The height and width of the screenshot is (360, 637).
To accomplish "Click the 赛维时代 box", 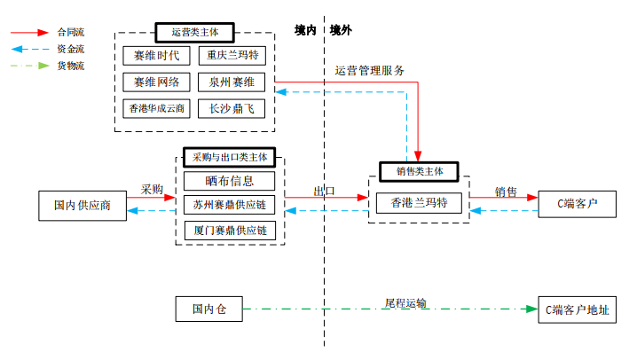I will coord(156,55).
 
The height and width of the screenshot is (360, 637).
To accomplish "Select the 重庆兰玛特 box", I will coord(232,55).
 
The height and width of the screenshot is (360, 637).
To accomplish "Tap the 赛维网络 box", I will coord(156,82).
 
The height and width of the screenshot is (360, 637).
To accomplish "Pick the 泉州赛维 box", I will coord(232,82).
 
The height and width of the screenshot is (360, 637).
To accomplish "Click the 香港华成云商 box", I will coord(156,109).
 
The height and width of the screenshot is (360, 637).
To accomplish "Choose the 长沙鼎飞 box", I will coord(232,109).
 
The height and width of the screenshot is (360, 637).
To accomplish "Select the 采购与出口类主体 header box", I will coord(229,156).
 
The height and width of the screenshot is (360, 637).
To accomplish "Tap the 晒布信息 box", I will coord(230,180).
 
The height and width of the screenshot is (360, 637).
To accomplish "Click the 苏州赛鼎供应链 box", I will coord(230,205).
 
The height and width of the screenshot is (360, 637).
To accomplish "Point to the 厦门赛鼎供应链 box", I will coord(230,230).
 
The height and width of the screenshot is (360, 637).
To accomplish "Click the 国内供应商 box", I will coord(83,205).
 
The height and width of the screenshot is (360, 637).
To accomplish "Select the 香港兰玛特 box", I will coord(419,203).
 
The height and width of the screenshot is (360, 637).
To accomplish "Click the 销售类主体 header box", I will coord(419,171).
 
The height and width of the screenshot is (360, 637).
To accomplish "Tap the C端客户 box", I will coord(577,203).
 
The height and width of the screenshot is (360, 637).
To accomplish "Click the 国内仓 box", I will coord(209,309).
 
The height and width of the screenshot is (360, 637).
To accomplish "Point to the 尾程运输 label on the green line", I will coord(405,303).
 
